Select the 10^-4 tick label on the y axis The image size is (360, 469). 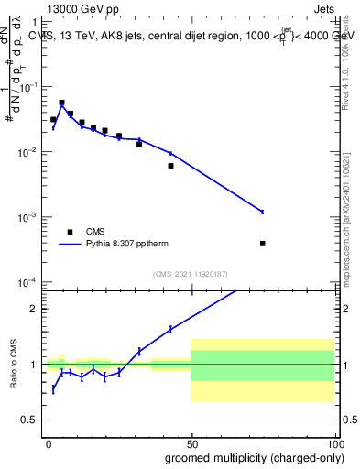pos(28,282)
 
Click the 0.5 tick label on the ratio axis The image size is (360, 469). pos(29,420)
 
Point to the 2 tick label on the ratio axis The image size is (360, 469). pos(34,309)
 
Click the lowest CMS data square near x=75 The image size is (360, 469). pos(263,244)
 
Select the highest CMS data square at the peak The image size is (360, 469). pos(61,103)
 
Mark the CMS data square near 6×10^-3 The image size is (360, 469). pos(170,166)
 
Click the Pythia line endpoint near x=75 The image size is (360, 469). pos(263,212)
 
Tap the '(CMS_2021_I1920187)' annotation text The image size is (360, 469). pos(191,273)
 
